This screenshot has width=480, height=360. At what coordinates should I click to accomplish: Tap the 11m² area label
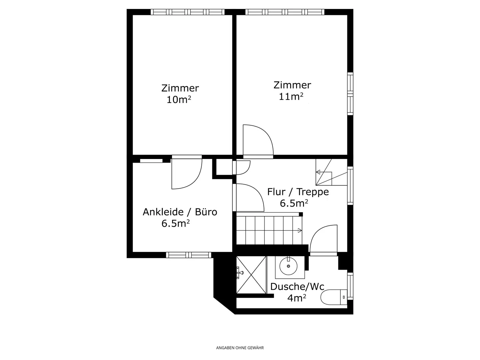point(291,97)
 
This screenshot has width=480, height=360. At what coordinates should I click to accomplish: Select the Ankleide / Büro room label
point(180,212)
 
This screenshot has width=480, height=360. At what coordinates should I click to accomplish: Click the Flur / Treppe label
point(298,192)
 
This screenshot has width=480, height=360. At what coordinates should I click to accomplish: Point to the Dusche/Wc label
point(297,287)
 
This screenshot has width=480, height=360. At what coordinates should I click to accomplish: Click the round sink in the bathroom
point(288,266)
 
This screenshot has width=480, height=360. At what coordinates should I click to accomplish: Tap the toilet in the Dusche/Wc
point(333,297)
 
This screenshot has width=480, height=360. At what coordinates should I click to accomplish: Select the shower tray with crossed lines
point(251,275)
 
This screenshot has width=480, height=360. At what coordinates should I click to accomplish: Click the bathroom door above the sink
point(323,239)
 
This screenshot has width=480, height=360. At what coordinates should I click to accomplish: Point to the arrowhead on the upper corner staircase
point(318,172)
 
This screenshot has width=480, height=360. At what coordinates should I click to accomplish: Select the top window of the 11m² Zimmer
point(285,12)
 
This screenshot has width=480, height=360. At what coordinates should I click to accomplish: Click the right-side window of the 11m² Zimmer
point(350,94)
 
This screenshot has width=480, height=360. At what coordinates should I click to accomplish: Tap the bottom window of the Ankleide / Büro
point(189,255)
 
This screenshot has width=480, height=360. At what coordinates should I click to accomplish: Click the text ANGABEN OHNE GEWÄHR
point(240,348)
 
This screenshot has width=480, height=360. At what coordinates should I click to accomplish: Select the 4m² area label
point(297,298)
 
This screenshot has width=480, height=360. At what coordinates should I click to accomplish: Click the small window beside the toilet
point(350,286)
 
